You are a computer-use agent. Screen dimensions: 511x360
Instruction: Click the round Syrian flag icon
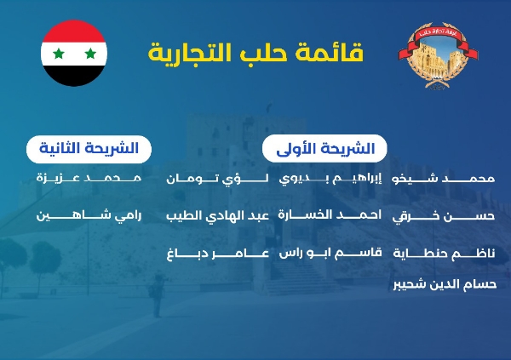(x=74, y=53)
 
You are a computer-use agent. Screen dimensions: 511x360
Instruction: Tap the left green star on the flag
(x=59, y=54)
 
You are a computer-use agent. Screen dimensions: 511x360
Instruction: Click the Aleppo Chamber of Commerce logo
(x=438, y=55)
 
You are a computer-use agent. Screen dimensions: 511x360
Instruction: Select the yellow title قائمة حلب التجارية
(x=255, y=53)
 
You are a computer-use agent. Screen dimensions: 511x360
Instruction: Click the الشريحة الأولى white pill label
(x=324, y=149)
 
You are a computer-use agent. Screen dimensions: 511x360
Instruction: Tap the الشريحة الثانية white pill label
(x=89, y=149)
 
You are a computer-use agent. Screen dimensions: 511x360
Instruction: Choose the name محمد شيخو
(x=444, y=179)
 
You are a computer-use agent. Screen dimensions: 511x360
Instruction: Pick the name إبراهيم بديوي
(x=330, y=179)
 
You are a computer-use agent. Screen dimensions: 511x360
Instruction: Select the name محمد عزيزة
(x=89, y=178)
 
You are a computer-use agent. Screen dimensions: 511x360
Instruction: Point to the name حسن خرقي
(x=444, y=216)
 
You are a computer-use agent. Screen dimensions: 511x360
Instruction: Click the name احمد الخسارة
(x=330, y=215)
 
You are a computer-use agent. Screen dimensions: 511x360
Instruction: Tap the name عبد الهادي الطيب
(x=218, y=216)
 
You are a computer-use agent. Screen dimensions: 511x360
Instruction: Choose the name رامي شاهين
(x=89, y=215)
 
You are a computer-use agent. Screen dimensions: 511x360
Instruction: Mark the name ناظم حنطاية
(x=444, y=253)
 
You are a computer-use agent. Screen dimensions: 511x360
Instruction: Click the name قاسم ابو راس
(x=330, y=253)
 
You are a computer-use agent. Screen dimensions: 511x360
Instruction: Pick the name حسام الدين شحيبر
(x=445, y=284)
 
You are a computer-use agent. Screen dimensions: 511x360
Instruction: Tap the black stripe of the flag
(x=74, y=74)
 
